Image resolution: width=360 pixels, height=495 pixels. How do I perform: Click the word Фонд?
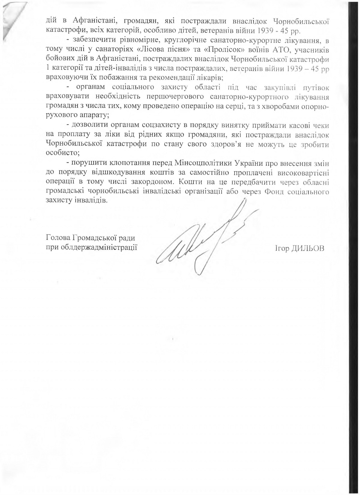(x=275, y=191)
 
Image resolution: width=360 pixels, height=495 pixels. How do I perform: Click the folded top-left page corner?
(x=12, y=18)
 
